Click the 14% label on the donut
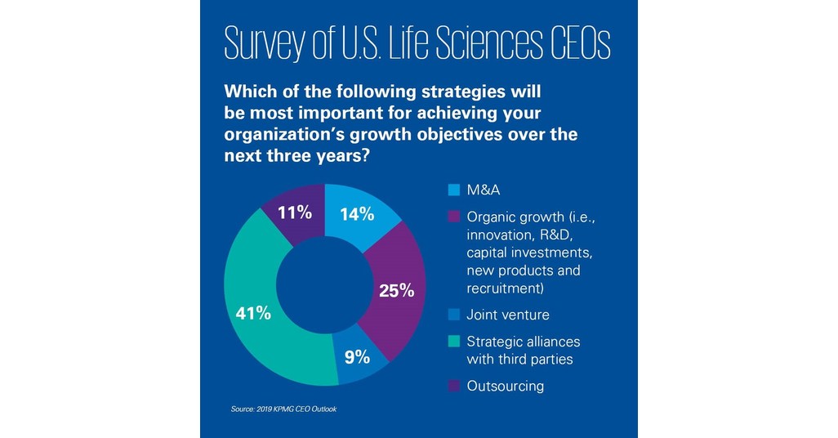356,214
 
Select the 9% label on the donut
357,356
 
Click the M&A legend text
484,191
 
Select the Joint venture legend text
507,315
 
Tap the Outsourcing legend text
505,386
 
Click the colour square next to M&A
453,191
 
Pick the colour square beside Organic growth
453,217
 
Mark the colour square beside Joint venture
453,315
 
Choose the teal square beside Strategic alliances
453,342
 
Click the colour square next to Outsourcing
453,386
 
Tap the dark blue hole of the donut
325,284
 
